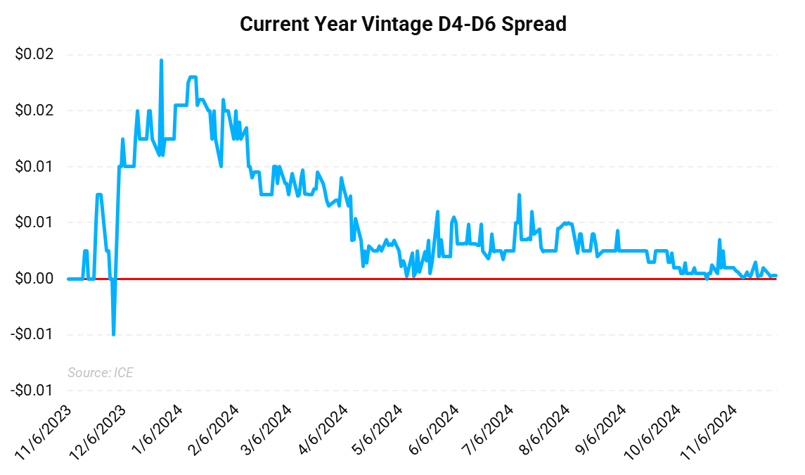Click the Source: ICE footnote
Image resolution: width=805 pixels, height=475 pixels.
pos(100,372)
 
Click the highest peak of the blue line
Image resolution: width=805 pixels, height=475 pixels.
pos(161,61)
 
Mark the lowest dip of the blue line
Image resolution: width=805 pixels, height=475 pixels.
pos(114,334)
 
